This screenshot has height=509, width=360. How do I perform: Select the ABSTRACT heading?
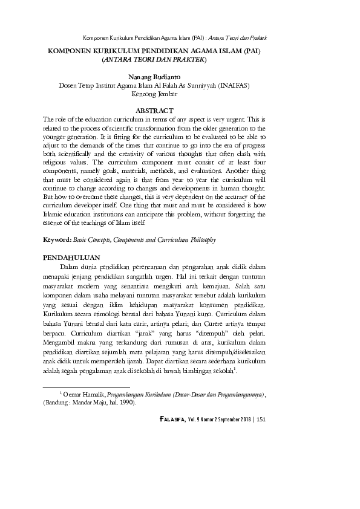pos(154,111)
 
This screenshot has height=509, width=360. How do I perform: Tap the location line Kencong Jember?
pos(154,94)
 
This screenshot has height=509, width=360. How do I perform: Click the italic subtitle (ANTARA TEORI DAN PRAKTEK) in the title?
pos(154,61)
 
